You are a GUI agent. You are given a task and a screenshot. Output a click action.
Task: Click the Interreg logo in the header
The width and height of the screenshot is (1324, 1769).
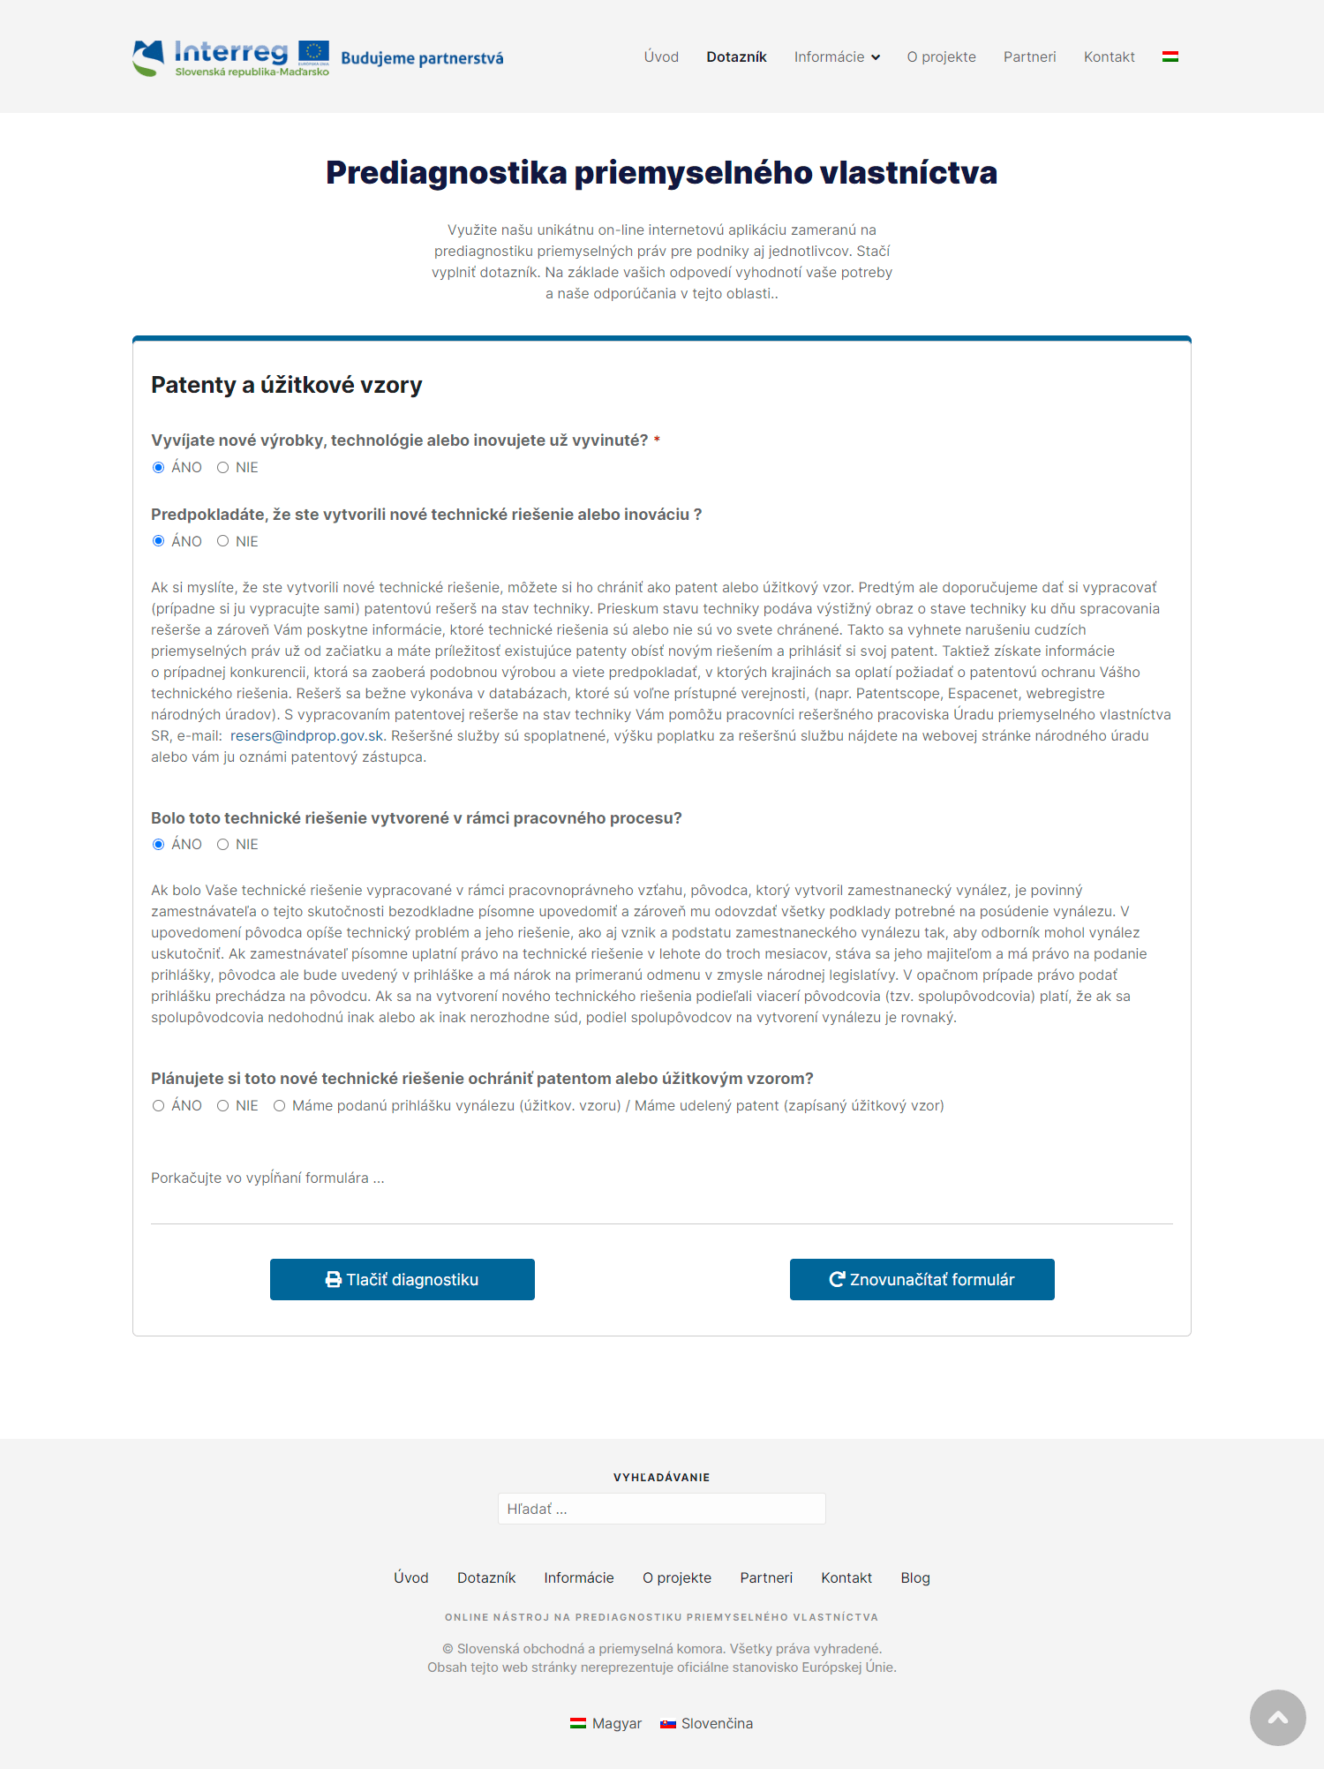[x=231, y=57]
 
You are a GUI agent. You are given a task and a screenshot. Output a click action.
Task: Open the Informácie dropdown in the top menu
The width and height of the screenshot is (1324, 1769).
[x=836, y=57]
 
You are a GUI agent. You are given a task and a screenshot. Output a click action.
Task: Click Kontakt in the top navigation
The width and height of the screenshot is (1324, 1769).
[x=1109, y=57]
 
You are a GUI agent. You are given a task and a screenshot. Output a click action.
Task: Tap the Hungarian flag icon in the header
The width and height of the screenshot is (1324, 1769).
[x=1170, y=57]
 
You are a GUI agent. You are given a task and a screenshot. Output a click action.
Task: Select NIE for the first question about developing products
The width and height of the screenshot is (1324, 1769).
[x=223, y=468]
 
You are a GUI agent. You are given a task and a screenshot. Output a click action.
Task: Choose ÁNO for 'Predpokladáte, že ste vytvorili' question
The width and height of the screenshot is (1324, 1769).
[x=159, y=541]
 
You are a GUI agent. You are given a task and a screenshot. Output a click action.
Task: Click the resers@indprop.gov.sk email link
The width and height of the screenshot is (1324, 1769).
[x=306, y=736]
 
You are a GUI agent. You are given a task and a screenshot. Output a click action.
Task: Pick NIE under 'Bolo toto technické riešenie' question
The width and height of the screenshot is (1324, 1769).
[x=223, y=845]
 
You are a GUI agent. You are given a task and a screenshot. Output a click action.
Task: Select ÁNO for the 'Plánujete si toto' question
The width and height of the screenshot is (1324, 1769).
[x=159, y=1106]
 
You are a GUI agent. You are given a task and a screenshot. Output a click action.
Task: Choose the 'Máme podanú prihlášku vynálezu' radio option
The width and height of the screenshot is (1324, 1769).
[x=280, y=1106]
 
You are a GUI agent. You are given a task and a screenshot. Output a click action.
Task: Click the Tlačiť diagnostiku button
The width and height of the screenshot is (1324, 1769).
[x=402, y=1279]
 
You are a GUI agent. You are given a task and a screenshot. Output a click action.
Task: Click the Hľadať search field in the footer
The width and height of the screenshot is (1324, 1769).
[x=661, y=1509]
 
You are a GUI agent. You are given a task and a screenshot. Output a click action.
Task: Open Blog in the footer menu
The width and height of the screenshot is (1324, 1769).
[x=915, y=1578]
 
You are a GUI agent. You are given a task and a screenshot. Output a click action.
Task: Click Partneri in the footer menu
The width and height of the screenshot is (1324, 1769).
[x=766, y=1578]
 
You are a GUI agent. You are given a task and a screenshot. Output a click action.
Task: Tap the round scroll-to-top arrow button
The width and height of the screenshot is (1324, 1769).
[x=1277, y=1718]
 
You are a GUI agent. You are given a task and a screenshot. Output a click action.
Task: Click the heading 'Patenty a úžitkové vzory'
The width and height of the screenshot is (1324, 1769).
[x=286, y=385]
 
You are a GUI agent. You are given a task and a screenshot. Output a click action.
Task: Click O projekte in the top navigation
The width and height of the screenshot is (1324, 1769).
[x=941, y=57]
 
